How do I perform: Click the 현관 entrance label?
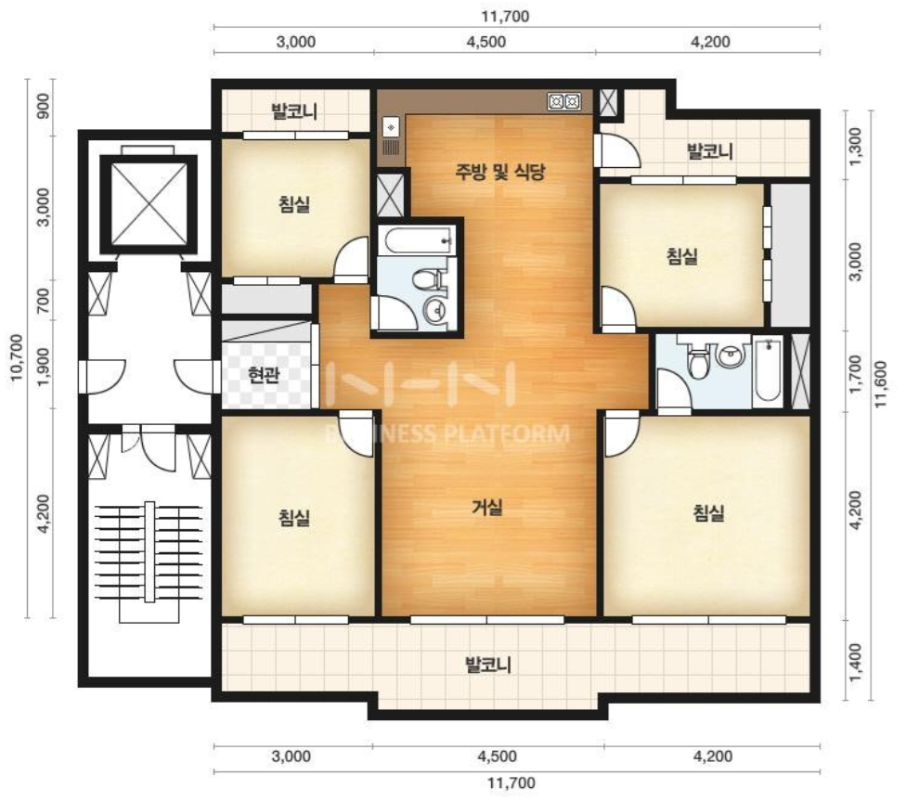point(264,375)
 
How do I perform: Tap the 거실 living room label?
point(487,508)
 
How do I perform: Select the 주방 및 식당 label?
point(499,172)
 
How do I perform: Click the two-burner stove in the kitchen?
point(564,102)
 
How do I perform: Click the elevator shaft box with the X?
point(149,204)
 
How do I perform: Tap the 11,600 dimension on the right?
point(880,383)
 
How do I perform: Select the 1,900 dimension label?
point(44,369)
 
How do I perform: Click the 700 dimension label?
point(44,301)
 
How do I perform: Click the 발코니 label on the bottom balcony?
point(488,665)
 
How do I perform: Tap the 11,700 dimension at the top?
point(505,16)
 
